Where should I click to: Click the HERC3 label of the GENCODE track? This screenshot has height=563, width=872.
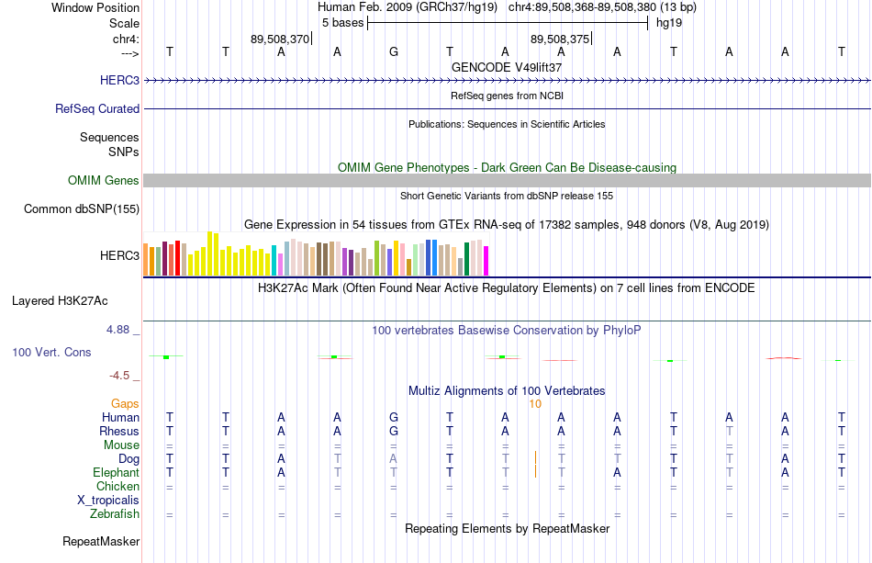point(119,80)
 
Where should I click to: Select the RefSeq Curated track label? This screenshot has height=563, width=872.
point(97,108)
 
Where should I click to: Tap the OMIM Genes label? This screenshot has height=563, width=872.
point(104,180)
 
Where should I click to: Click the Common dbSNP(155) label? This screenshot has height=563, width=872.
point(82,208)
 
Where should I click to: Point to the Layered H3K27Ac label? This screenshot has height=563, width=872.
point(60,301)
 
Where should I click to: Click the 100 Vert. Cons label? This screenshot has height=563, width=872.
point(51,352)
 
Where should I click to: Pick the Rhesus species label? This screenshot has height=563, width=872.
point(119,431)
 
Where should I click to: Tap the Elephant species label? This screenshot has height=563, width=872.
point(117,472)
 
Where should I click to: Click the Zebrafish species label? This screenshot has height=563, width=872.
point(115,513)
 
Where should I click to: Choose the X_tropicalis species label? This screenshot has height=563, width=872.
point(108,501)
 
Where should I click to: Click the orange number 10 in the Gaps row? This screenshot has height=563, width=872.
point(535,404)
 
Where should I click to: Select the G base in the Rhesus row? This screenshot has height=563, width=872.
point(394,431)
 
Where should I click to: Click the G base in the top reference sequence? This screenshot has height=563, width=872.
point(394,52)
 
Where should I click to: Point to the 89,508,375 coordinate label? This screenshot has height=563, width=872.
point(560,39)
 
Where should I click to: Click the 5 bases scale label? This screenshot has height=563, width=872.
point(342,23)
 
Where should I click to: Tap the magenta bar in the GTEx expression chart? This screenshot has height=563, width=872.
point(486,261)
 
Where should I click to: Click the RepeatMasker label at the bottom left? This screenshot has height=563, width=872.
point(101,541)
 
